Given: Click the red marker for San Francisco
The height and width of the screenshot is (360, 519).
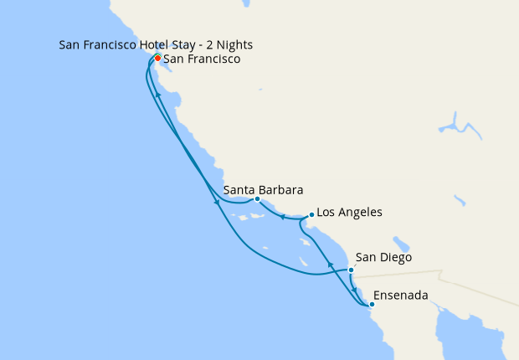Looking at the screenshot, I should pos(157,59).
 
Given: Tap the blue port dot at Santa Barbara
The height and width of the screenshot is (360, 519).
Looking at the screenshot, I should pos(257,199).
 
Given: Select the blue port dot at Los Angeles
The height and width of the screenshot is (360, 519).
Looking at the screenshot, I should pos(311,214).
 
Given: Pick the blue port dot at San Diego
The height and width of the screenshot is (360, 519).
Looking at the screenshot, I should pos(351,270).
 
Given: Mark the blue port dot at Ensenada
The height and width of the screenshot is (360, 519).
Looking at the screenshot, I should pos(372,305).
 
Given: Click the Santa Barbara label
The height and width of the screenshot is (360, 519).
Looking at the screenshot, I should pos(263,189).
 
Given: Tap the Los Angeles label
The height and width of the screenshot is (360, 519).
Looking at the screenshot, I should pos(350,213).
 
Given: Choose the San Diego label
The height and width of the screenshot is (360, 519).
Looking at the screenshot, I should pos(383,257).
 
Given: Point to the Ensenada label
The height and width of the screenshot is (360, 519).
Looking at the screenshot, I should pos(401,295).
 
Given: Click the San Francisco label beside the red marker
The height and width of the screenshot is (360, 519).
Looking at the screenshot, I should pos(202,59).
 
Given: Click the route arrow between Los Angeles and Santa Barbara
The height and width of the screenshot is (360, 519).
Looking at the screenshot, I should pos(283,217).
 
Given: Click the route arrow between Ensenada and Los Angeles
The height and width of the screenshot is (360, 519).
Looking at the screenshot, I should pos(329,265).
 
